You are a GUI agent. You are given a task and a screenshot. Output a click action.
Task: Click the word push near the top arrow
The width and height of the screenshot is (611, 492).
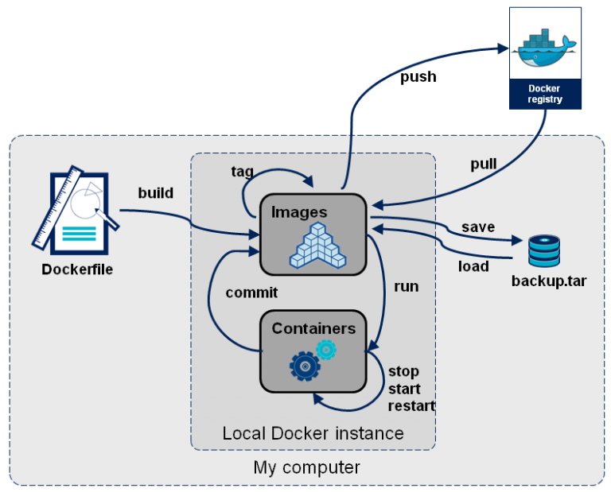(x=418, y=76)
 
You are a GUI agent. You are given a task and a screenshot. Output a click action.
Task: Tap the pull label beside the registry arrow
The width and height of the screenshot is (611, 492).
(x=483, y=165)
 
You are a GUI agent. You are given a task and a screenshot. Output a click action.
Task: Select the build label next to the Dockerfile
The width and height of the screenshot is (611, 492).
(x=156, y=193)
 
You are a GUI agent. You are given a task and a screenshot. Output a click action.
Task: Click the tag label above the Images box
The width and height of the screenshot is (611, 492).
(x=242, y=171)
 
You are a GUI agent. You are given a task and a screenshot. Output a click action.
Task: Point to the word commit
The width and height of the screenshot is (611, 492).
(x=251, y=292)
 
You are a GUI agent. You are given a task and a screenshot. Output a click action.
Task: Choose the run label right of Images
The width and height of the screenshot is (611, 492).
(x=406, y=286)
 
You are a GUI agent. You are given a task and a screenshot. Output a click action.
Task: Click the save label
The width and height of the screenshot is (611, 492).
(x=477, y=227)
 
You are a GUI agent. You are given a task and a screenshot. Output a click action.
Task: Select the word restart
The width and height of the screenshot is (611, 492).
(x=411, y=406)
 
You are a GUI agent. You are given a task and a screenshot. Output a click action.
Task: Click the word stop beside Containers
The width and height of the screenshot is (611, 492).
(x=403, y=371)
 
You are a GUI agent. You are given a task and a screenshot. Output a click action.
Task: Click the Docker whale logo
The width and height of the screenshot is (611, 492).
(x=545, y=48)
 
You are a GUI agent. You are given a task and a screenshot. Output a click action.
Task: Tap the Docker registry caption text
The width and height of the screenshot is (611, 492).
(x=545, y=94)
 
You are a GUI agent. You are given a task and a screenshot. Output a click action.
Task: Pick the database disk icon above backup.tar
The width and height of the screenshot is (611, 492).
(x=544, y=250)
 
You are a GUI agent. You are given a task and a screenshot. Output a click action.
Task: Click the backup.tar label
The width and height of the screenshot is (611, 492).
(x=548, y=281)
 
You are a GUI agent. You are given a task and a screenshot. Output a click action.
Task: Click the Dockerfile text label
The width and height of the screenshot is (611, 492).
(x=77, y=269)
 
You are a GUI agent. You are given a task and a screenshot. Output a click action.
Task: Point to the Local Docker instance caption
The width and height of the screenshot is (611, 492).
(x=313, y=433)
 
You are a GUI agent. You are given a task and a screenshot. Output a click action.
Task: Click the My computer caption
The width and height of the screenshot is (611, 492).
(x=306, y=467)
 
